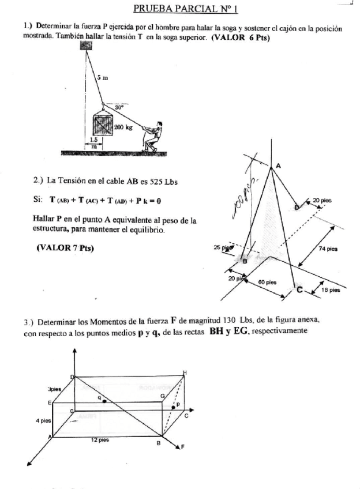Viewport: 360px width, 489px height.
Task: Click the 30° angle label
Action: click(x=119, y=107)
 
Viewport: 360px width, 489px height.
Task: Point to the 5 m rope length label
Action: click(x=102, y=76)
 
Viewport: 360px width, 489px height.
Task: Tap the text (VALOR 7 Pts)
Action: click(x=65, y=248)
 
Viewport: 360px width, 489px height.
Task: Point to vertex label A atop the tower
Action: click(x=278, y=165)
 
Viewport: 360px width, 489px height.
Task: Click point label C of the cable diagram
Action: click(x=299, y=291)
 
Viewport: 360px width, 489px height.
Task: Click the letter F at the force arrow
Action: click(x=183, y=447)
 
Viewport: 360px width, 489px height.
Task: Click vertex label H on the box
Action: click(x=185, y=373)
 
